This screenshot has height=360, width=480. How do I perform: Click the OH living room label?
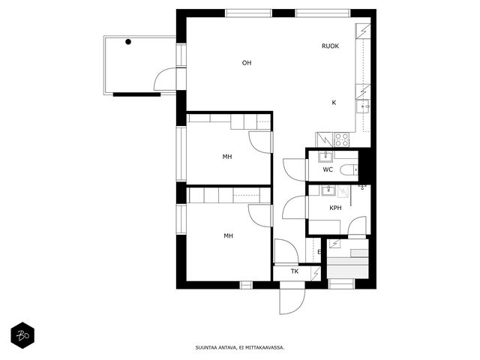(247, 63)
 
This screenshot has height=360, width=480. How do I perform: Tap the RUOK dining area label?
(330, 46)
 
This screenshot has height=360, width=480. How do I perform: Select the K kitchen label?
(334, 103)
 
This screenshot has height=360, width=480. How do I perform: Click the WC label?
(328, 169)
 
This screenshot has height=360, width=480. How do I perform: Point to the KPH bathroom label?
(335, 208)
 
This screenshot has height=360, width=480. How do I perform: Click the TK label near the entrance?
(295, 271)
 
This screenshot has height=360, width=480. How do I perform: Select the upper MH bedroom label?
(227, 157)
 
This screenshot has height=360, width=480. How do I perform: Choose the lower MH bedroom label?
(228, 235)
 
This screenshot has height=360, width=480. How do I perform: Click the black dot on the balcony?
(128, 42)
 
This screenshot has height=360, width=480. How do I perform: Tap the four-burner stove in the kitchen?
(342, 139)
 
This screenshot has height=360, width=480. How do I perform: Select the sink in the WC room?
(325, 157)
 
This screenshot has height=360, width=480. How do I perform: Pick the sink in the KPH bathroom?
(328, 190)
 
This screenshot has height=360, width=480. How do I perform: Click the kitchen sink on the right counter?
(363, 106)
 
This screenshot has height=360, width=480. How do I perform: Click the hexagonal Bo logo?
(22, 335)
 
